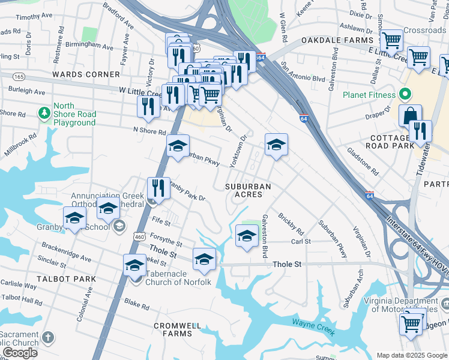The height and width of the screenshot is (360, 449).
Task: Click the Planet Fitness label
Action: [369, 95]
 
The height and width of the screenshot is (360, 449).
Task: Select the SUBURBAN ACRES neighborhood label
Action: [248, 191]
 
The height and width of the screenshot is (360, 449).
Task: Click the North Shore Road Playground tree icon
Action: [44, 113]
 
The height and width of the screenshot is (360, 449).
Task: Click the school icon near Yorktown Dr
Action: [276, 145]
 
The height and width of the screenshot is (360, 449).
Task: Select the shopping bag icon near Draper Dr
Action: [410, 115]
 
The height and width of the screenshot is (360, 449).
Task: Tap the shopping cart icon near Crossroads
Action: [391, 41]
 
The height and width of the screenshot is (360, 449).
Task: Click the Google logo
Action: [20, 353]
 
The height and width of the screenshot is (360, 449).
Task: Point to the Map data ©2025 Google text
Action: [411, 355]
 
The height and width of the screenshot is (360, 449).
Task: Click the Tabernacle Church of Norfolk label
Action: [179, 278]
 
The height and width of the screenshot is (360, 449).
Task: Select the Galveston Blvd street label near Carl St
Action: [264, 236]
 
